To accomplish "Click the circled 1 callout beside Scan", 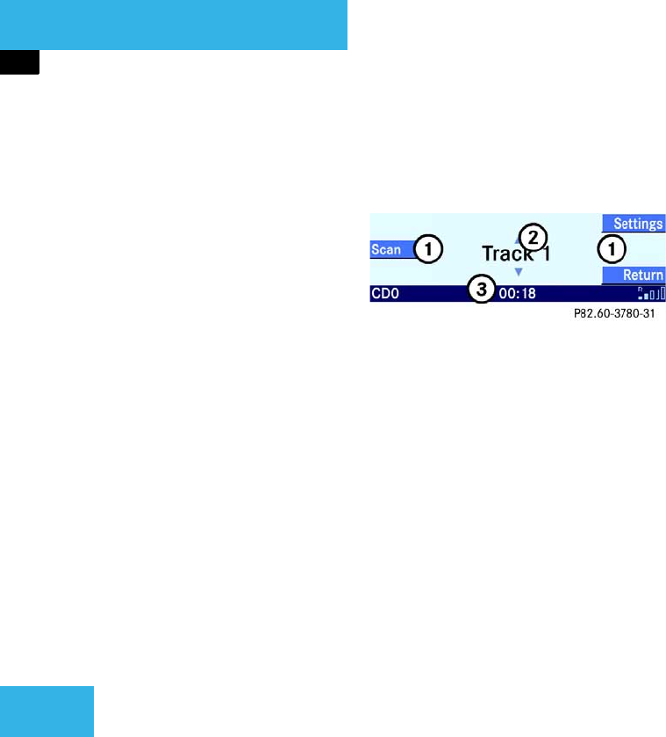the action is (x=427, y=249).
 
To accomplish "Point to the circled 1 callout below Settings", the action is (x=612, y=249).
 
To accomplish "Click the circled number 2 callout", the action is (x=533, y=235).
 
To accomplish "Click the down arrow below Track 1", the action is (x=518, y=273).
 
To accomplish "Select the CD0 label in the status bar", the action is (x=384, y=294).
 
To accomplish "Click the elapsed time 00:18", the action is (x=517, y=294).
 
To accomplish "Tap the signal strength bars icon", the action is (x=652, y=294).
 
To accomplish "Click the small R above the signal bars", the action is (x=641, y=288).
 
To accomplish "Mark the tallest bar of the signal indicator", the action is (x=662, y=293).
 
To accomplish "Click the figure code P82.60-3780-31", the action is (x=612, y=311).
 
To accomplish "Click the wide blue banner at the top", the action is (x=174, y=25).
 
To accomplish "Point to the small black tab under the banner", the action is (x=19, y=61).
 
